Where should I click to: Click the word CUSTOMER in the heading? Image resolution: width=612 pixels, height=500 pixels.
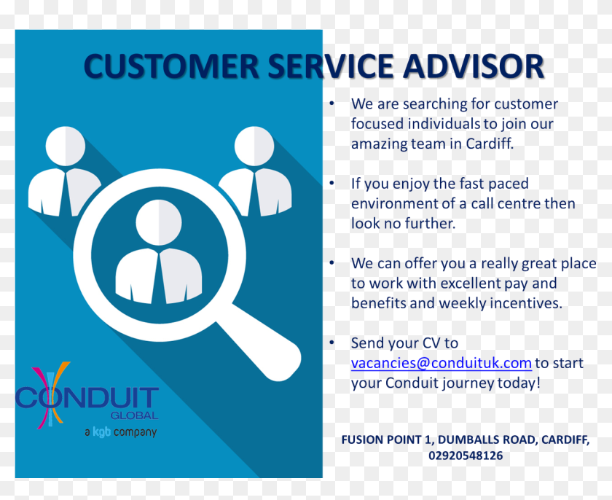point(170,66)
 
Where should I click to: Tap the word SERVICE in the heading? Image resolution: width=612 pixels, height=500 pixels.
point(331,66)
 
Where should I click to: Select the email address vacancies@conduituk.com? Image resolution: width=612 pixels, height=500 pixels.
point(441,363)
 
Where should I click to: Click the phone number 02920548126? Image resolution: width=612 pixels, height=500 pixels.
point(465,456)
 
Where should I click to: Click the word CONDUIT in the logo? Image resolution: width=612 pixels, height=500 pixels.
point(87,399)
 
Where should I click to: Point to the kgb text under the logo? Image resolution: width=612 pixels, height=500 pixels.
point(101,432)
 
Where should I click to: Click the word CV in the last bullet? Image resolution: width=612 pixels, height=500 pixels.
point(431,343)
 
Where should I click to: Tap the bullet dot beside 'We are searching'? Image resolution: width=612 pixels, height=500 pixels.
point(332,103)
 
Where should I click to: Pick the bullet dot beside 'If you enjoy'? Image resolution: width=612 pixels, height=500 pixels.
point(332,183)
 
